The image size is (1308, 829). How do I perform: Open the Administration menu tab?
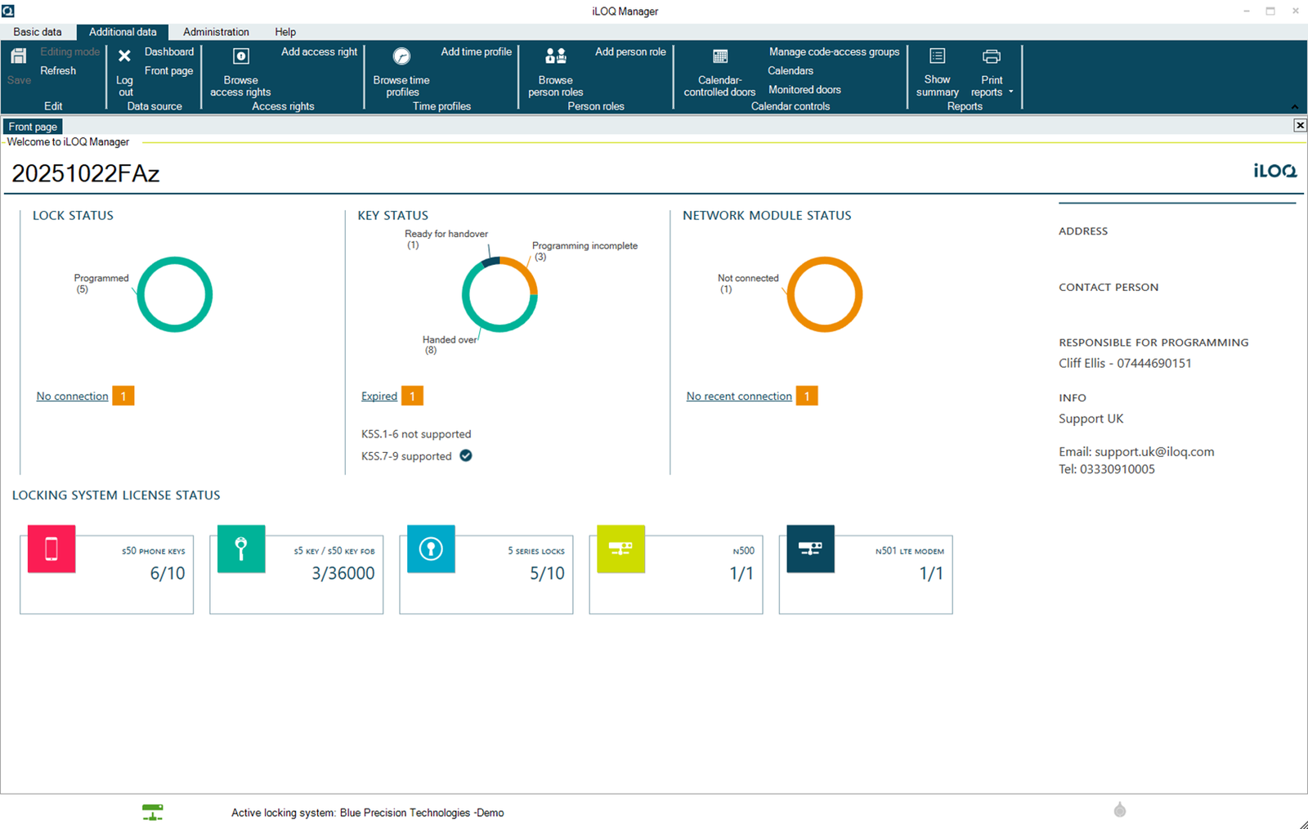(x=216, y=32)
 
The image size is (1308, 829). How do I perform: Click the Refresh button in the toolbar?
(x=58, y=71)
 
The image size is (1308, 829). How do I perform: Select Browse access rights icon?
(x=240, y=56)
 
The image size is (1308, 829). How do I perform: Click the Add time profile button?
(x=476, y=52)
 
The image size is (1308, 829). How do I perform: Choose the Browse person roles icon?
(x=555, y=56)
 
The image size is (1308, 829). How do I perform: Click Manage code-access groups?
(x=834, y=52)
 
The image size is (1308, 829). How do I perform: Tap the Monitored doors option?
(x=804, y=90)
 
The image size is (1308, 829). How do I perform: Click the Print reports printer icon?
(x=991, y=56)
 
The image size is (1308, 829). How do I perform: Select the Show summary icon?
(x=937, y=56)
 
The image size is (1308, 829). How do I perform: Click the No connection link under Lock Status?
(x=72, y=397)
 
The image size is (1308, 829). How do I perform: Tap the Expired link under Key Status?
(x=379, y=397)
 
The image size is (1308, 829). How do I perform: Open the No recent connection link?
(x=739, y=397)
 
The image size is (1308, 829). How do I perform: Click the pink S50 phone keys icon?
(x=52, y=549)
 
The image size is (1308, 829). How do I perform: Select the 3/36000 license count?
(x=343, y=574)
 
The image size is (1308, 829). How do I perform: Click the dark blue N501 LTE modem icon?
(x=810, y=549)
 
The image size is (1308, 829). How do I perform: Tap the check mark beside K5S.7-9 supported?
(x=465, y=456)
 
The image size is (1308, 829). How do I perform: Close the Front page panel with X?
(x=1300, y=125)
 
